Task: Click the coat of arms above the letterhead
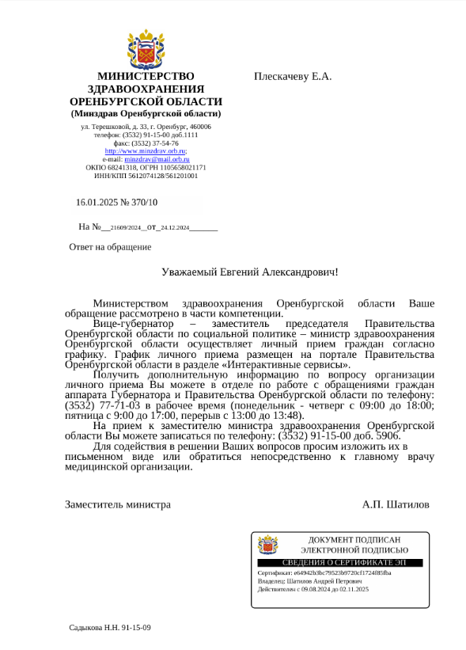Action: [x=146, y=50]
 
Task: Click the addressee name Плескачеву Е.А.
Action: [x=293, y=76]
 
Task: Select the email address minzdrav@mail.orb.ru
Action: [x=157, y=159]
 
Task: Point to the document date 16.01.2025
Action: [x=97, y=203]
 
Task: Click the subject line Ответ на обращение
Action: [x=110, y=247]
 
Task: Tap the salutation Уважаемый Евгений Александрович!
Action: [x=249, y=272]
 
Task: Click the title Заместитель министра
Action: [x=118, y=504]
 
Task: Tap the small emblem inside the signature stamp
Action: [x=268, y=545]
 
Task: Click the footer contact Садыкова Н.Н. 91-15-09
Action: [x=110, y=628]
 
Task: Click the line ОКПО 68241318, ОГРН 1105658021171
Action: [x=146, y=168]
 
